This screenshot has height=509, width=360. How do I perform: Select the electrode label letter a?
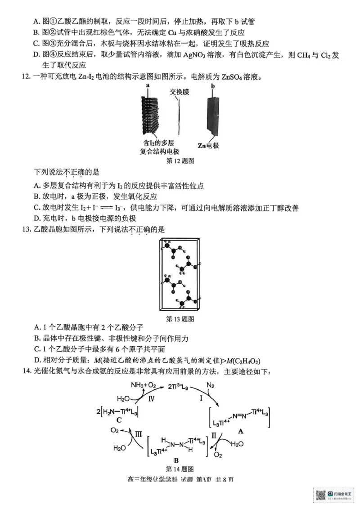tap(147, 85)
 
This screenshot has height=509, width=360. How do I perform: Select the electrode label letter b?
tap(213, 85)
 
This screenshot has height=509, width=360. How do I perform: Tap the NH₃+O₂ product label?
tap(143, 385)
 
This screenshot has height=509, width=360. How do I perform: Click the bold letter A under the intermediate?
tap(240, 431)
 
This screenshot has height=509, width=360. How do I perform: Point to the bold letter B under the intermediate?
tap(176, 460)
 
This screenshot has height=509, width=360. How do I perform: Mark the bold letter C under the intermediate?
tap(119, 420)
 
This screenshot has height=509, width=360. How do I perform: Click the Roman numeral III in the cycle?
tap(139, 434)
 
